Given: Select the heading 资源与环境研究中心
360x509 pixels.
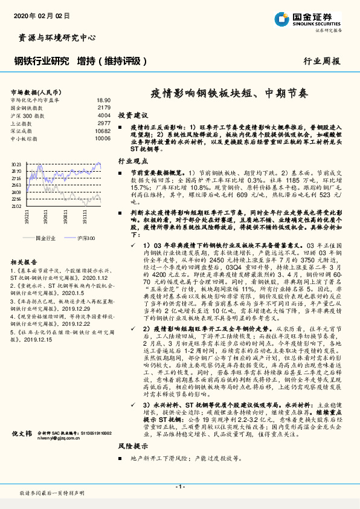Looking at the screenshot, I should [x=54, y=37].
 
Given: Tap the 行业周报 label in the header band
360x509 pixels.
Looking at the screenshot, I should [x=321, y=61].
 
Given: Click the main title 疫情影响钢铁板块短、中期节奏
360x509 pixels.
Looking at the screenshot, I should [x=229, y=94].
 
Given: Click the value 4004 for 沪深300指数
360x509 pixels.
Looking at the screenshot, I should [x=104, y=115].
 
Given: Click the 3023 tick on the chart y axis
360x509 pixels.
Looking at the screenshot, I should [x=16, y=164].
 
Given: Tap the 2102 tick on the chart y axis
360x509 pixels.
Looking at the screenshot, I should [x=16, y=206].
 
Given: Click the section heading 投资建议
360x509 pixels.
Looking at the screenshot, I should [x=133, y=115].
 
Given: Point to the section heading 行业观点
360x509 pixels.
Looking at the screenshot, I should [x=133, y=161].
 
